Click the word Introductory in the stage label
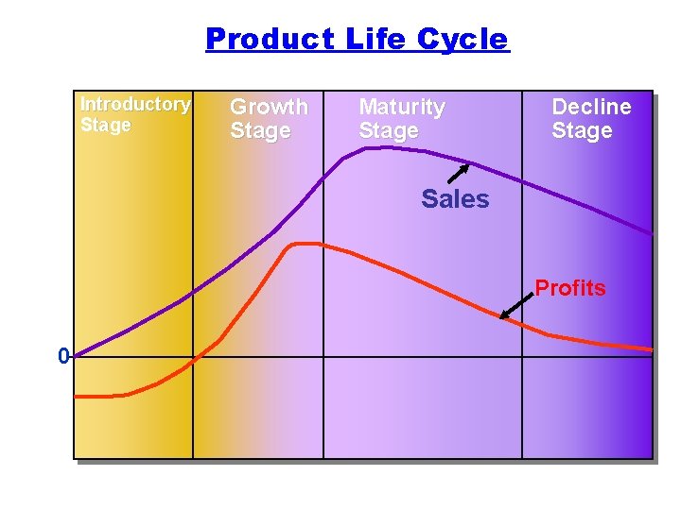pyautogui.click(x=135, y=104)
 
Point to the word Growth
pyautogui.click(x=269, y=107)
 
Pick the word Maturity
pyautogui.click(x=401, y=107)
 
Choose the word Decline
pyautogui.click(x=591, y=107)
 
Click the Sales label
pyautogui.click(x=455, y=199)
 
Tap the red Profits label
pyautogui.click(x=570, y=288)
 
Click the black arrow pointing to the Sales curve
pyautogui.click(x=458, y=174)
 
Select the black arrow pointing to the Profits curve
pyautogui.click(x=516, y=305)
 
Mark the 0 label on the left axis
pyautogui.click(x=63, y=357)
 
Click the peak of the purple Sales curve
pyautogui.click(x=374, y=147)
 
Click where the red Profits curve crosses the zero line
pyautogui.click(x=192, y=358)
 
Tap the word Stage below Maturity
pyautogui.click(x=388, y=130)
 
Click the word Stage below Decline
pyautogui.click(x=582, y=130)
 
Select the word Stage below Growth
pyautogui.click(x=260, y=130)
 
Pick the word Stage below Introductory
pyautogui.click(x=106, y=125)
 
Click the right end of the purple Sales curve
pyautogui.click(x=651, y=232)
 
